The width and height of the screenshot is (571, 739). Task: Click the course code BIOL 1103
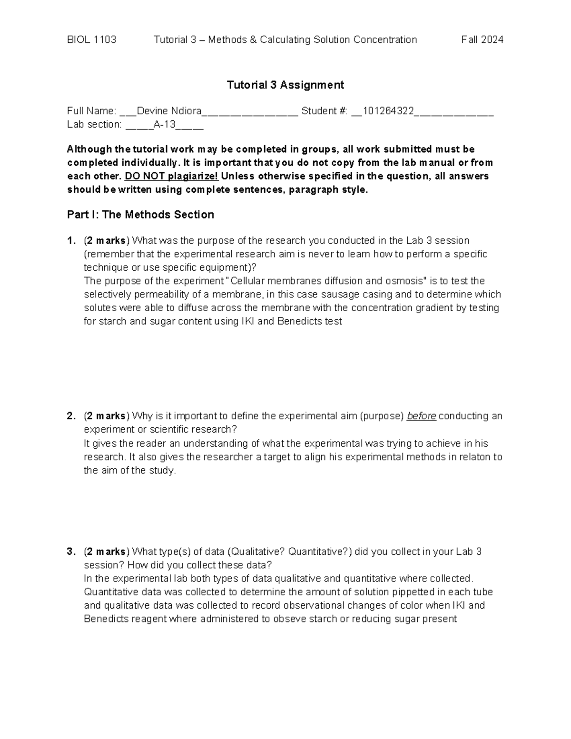click(91, 39)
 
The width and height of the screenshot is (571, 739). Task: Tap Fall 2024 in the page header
click(482, 39)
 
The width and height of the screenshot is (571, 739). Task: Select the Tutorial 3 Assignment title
click(285, 85)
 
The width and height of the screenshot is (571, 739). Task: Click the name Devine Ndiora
click(169, 111)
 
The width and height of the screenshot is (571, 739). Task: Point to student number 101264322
click(388, 111)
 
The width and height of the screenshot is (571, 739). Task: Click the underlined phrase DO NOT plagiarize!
click(171, 176)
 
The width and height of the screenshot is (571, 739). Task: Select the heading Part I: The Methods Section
click(140, 215)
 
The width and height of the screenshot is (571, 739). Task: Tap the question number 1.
click(71, 240)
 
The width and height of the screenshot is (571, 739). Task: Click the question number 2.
click(71, 416)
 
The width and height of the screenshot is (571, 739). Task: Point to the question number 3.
click(71, 552)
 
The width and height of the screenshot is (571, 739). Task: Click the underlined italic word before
click(421, 416)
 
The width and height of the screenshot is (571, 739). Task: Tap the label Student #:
click(325, 111)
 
